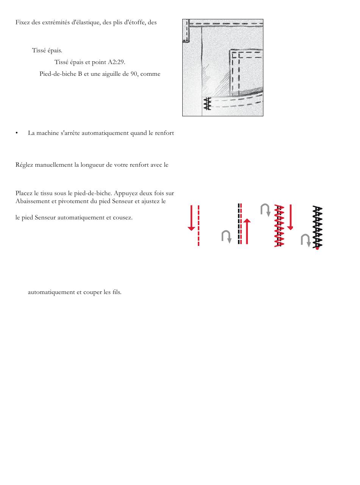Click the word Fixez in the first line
pyautogui.click(x=22, y=22)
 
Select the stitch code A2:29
pyautogui.click(x=116, y=62)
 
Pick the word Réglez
pyautogui.click(x=24, y=165)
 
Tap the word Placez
pyautogui.click(x=24, y=194)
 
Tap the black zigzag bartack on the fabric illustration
pyautogui.click(x=207, y=103)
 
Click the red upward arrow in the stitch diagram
pyautogui.click(x=247, y=231)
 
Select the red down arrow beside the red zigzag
pyautogui.click(x=290, y=217)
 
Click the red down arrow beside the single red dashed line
pyautogui.click(x=191, y=218)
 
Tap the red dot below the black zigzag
pyautogui.click(x=317, y=249)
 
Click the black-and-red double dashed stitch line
pyautogui.click(x=239, y=224)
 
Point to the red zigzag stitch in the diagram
pyautogui.click(x=279, y=226)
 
